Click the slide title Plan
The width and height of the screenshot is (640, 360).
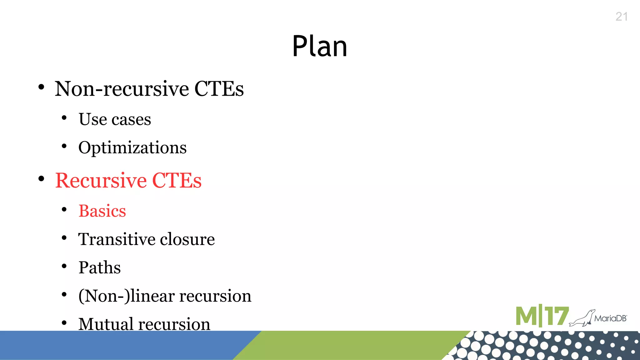pos(319,46)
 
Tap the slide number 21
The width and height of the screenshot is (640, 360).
pos(622,17)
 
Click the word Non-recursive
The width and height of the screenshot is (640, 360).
pos(122,89)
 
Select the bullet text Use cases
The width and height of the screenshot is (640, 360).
pos(115,119)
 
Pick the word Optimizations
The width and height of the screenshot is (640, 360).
pos(132,147)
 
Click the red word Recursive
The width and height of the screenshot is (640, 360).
pos(101,181)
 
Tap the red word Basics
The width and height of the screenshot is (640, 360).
pos(102,211)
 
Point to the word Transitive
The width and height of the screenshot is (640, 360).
pos(117,239)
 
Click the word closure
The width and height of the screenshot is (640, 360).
pos(187,239)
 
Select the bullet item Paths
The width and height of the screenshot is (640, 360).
pos(99,268)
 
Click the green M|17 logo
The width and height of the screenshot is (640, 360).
pos(542,316)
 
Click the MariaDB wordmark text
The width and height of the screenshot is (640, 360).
pos(610,318)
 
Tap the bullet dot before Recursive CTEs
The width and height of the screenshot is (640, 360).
pos(41,179)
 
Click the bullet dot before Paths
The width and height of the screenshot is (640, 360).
pos(64,267)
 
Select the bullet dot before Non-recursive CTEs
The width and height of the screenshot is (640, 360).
pos(41,87)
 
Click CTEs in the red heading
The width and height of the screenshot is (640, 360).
pos(177,181)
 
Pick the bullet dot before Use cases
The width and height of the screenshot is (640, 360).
pos(64,118)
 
